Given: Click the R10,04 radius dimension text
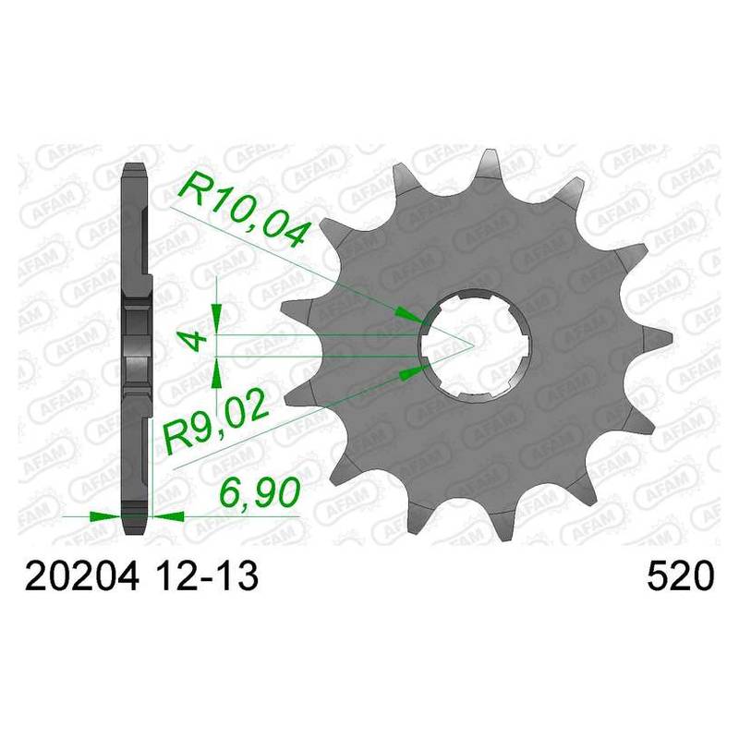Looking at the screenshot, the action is click(x=244, y=210).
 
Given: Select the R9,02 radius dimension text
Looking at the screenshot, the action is click(x=216, y=426).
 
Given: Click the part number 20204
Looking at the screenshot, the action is click(x=82, y=576).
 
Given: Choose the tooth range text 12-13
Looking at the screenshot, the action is click(x=206, y=576).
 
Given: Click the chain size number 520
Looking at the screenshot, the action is click(x=681, y=576).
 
